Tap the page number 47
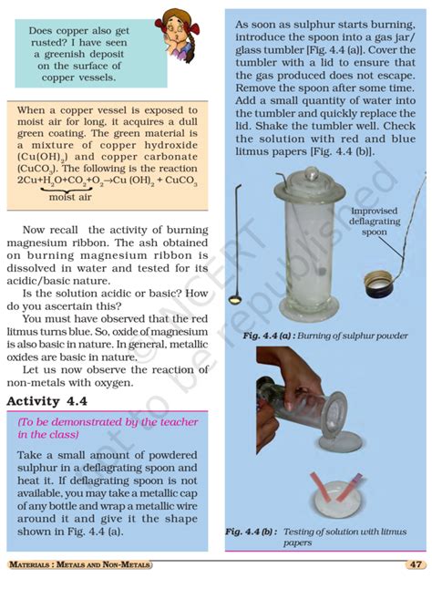[x=413, y=565]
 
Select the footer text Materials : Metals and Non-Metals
[x=79, y=565]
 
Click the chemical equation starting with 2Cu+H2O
[x=107, y=181]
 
